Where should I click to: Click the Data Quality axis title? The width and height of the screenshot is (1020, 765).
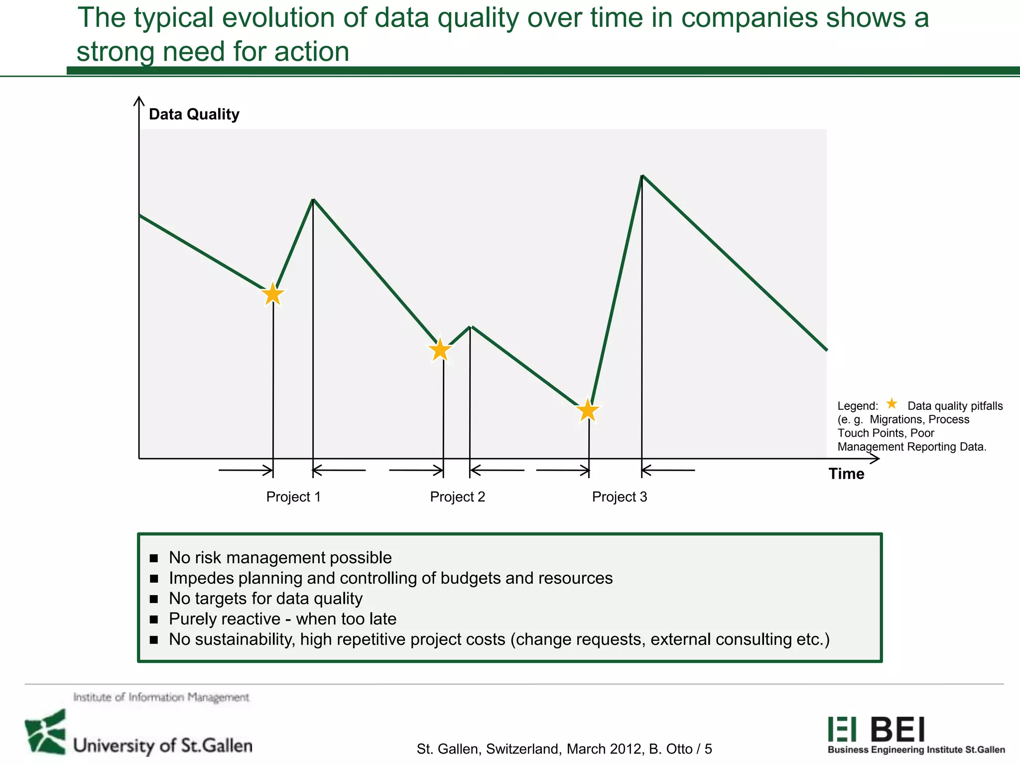point(194,114)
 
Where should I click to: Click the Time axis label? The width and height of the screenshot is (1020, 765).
point(846,474)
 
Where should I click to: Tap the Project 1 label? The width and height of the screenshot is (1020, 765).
point(293,497)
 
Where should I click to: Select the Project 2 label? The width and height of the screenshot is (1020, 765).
point(457,497)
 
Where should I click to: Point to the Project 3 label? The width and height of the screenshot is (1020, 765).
point(619,497)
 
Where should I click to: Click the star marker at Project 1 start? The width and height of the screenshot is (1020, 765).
point(273,294)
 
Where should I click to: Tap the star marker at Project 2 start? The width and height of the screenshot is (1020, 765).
point(440,350)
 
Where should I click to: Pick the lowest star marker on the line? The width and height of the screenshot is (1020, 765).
point(588,411)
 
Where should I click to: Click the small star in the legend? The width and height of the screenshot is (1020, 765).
point(892,403)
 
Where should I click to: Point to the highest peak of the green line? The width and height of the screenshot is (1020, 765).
point(642,176)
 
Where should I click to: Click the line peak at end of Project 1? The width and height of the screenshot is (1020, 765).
point(313,200)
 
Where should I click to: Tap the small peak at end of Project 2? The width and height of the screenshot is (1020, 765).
point(471,327)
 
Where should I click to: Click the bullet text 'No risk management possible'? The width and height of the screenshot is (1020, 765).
point(280,557)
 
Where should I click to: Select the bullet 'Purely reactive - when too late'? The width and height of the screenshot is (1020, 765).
point(282,619)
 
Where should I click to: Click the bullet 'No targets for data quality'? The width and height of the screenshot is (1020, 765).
point(265,598)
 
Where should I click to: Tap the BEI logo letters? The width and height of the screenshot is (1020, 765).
point(898,730)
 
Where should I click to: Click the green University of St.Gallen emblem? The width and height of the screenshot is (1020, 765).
point(46,732)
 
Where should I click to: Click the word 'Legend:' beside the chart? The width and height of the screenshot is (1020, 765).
point(858,406)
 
